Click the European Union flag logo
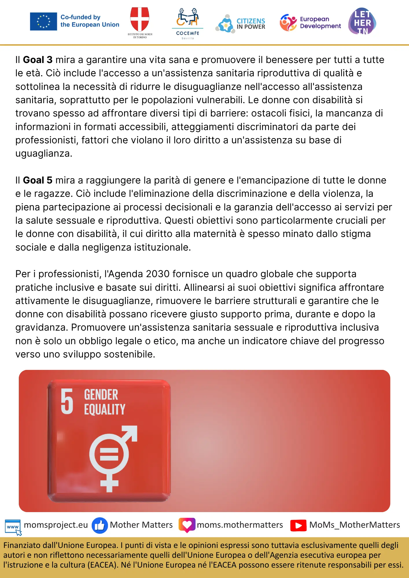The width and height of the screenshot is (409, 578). point(43,21)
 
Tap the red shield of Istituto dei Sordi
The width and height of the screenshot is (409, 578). point(140,19)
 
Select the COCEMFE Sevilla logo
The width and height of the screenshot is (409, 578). point(187,23)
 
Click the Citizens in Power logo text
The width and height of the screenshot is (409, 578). point(250,24)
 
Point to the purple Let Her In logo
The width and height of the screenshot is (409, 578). point(362,21)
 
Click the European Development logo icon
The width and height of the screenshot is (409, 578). point(288,23)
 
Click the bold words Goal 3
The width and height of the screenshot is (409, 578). point(38,60)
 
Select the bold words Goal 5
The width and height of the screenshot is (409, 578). point(38,180)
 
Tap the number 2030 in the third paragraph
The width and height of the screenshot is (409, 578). point(158,274)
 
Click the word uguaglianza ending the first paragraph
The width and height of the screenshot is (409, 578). point(43,153)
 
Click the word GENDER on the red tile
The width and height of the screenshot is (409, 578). point(101,395)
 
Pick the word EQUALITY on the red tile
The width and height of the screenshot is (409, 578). point(104,409)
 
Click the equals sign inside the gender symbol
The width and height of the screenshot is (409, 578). point(109,454)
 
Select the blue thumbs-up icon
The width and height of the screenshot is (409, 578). point(100,525)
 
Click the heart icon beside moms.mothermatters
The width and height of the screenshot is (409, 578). point(187,525)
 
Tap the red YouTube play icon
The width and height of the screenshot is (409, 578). point(298,525)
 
